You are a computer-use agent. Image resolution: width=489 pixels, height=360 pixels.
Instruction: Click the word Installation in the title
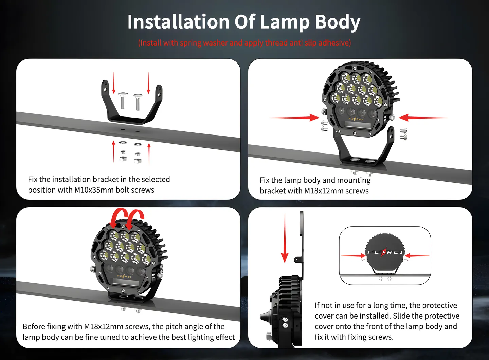coord(178,22)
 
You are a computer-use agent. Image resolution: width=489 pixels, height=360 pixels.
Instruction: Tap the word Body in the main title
coord(337,22)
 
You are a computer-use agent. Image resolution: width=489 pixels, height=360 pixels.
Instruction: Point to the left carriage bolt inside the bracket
coord(123,101)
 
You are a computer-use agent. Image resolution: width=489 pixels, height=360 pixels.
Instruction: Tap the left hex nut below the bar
coord(123,159)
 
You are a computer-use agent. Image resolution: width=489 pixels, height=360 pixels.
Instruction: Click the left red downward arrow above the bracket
coord(114,83)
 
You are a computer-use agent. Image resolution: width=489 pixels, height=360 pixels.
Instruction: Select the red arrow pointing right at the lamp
coord(294,118)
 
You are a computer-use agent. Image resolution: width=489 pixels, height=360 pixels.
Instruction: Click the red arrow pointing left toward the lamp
coord(423,118)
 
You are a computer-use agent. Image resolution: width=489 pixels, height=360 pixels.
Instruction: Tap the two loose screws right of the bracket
coord(403,134)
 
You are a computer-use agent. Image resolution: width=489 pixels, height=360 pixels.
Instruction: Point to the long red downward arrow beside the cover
coord(285,238)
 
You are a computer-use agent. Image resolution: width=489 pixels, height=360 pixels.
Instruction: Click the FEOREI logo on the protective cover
coord(385,252)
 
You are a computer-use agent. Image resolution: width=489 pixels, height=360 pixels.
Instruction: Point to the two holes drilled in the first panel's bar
coord(130,130)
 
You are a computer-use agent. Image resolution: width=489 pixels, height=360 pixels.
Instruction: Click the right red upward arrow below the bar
coord(149,154)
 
